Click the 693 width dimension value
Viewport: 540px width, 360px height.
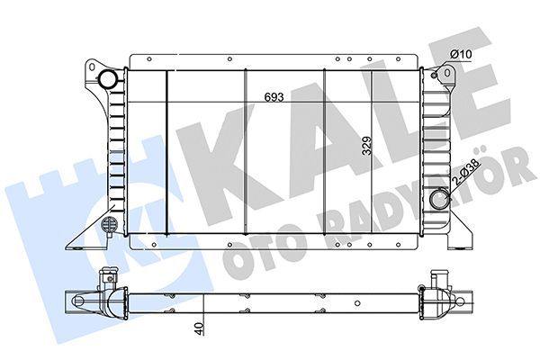[274, 97]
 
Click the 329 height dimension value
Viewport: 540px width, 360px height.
[368, 146]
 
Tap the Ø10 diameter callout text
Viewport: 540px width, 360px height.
[461, 54]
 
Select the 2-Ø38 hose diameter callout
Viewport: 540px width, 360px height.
[466, 171]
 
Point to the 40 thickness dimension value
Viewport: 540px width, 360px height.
[199, 328]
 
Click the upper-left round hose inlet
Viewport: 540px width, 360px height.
[108, 78]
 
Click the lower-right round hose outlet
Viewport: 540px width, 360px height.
[440, 199]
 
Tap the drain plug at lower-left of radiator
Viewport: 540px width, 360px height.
[110, 226]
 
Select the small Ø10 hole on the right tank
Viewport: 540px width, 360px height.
[435, 75]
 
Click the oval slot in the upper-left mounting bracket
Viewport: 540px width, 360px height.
[92, 66]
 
